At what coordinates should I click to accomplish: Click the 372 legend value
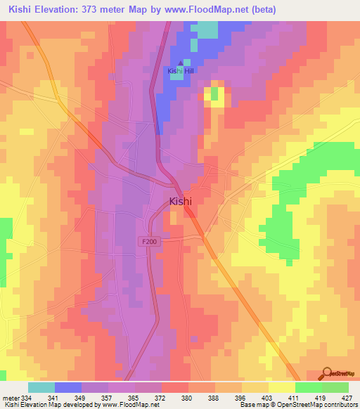[161, 397]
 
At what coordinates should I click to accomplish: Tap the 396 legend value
[241, 397]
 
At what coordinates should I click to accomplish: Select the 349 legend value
[81, 397]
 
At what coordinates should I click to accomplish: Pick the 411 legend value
[295, 397]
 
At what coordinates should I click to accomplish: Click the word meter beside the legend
[10, 397]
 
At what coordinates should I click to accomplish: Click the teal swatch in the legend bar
[41, 387]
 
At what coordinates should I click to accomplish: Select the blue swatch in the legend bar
[68, 387]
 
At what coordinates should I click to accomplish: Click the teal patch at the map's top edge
[207, 29]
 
